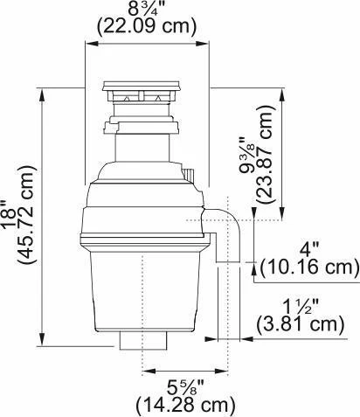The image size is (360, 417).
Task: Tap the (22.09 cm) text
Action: click(x=147, y=27)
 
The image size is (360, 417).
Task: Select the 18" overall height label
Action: click(x=10, y=213)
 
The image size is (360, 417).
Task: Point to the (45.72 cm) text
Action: click(x=27, y=215)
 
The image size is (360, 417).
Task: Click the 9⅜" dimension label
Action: click(x=247, y=155)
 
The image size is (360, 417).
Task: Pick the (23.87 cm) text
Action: click(x=265, y=154)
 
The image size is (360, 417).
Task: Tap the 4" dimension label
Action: click(x=309, y=250)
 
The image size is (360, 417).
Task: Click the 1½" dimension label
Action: click(x=301, y=308)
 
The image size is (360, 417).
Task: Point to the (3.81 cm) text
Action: click(x=301, y=325)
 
